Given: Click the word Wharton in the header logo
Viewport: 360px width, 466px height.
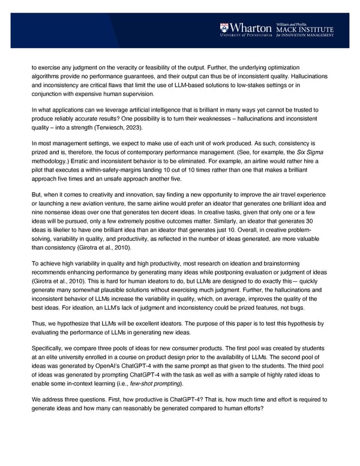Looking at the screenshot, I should point(251,28).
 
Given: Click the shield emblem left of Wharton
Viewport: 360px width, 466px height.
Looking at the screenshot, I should point(224,28).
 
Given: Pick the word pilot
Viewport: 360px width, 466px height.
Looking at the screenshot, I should point(40,171).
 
